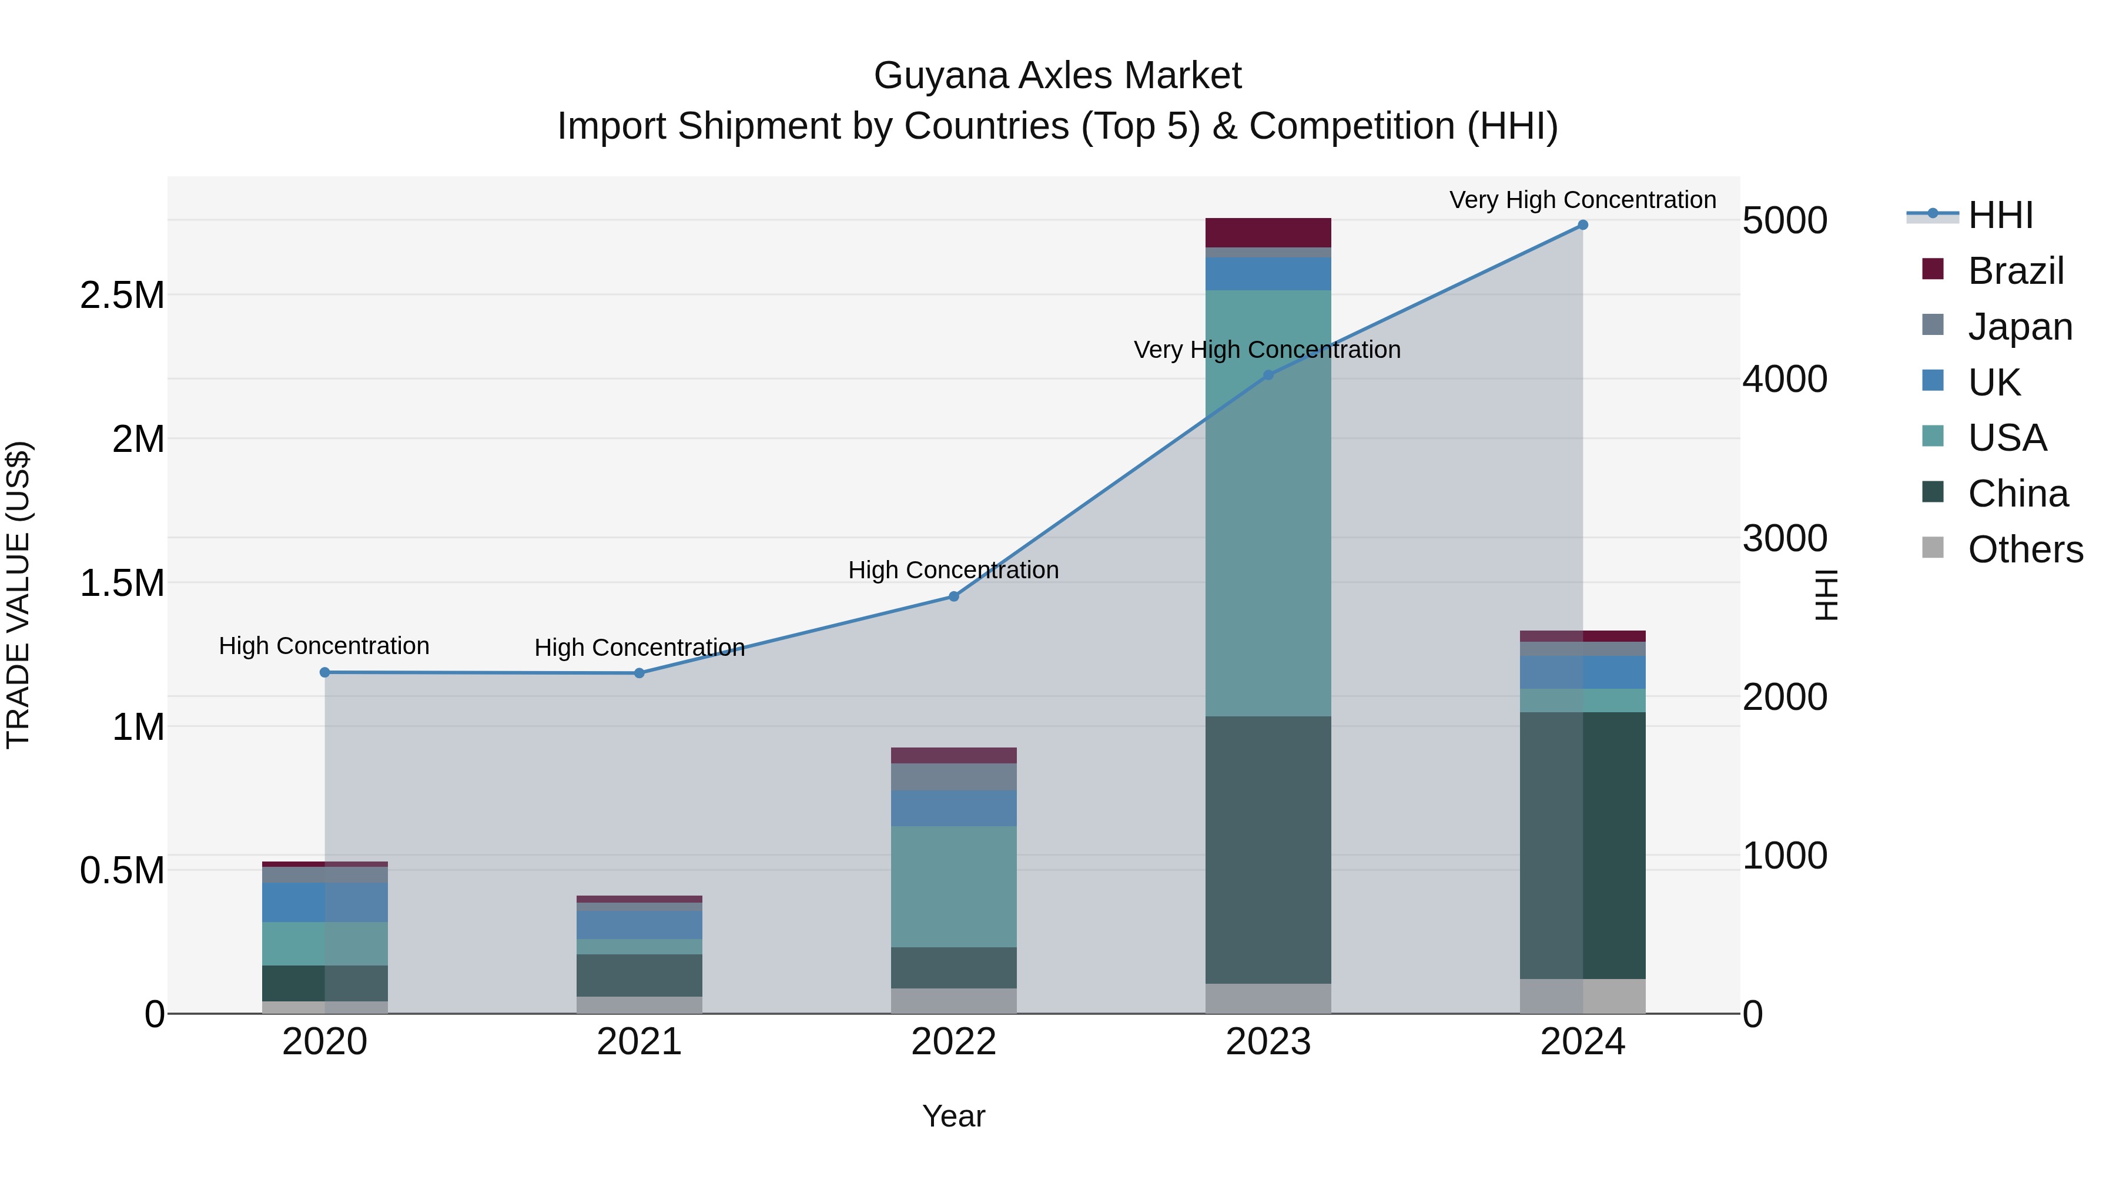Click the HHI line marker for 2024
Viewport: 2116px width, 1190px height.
point(1582,225)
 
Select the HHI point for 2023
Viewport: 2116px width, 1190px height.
point(1267,376)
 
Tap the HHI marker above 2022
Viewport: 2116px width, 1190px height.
point(954,596)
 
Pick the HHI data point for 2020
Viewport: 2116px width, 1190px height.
point(324,673)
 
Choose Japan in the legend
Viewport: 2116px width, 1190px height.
point(2019,327)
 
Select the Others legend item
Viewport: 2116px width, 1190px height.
point(2025,549)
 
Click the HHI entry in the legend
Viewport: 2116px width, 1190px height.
point(2000,215)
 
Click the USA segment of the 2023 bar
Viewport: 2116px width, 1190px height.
point(1267,502)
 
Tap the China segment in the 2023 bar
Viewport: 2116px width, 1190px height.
point(1267,849)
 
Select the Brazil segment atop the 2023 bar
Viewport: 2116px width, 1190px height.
point(1267,232)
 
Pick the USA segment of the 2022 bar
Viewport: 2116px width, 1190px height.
point(954,886)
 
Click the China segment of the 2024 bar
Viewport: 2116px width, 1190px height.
point(1582,845)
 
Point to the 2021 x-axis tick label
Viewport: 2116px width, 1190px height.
point(639,1042)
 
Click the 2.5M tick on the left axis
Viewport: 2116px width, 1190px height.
point(122,296)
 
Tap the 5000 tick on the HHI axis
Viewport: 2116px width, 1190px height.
point(1784,221)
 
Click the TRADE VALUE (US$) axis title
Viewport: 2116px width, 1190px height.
point(18,595)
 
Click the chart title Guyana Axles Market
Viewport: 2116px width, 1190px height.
point(1057,76)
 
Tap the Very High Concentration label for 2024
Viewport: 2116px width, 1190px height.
point(1582,200)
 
